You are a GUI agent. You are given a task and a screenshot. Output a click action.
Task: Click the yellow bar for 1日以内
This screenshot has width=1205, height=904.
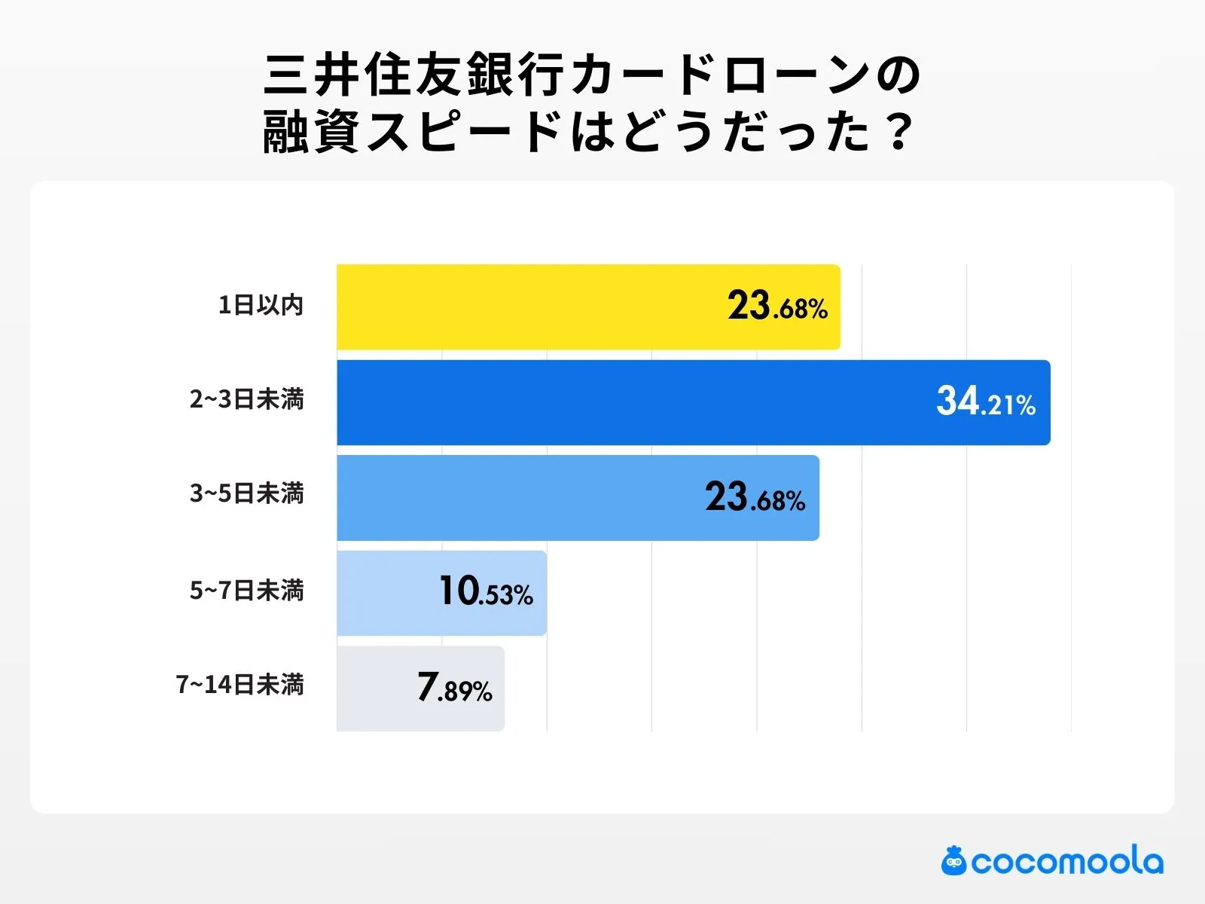527,307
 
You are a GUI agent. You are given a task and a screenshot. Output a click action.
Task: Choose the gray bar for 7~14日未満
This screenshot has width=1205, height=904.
377,689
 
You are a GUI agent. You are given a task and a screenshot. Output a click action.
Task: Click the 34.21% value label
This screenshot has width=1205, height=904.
985,402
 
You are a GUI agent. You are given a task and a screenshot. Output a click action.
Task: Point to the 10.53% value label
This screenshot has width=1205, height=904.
486,592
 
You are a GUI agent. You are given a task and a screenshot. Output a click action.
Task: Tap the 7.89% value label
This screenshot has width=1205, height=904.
454,689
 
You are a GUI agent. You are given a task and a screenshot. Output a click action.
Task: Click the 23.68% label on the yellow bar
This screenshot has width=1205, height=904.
777,307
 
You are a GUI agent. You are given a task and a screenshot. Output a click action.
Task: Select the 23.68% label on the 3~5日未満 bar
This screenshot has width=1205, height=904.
755,499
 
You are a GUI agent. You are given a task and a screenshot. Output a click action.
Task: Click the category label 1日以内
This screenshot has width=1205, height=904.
261,305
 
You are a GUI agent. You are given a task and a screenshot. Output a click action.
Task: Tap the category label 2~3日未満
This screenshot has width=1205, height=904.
246,399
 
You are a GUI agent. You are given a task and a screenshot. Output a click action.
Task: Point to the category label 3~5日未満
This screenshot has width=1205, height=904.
246,494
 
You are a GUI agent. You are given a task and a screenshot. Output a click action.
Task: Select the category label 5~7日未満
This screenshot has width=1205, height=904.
246,591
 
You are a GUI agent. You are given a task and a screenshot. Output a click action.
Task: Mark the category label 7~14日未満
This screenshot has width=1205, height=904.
239,685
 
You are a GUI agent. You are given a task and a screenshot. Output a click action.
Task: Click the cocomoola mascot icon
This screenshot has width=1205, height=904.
953,861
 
